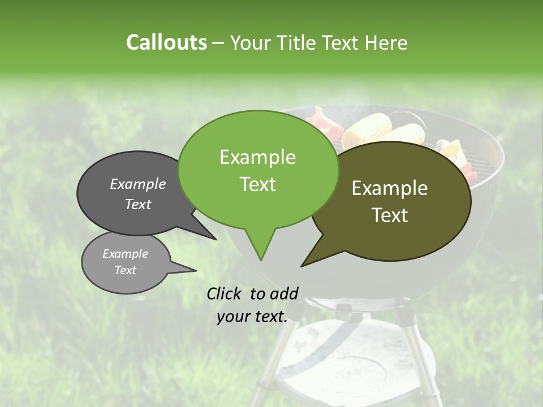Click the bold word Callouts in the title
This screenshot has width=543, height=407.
point(166,42)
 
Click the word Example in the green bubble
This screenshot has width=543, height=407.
point(257,157)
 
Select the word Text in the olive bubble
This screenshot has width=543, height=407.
point(390,215)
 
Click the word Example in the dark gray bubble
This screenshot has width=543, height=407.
point(138,184)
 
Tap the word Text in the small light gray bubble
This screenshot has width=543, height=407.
point(126,270)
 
